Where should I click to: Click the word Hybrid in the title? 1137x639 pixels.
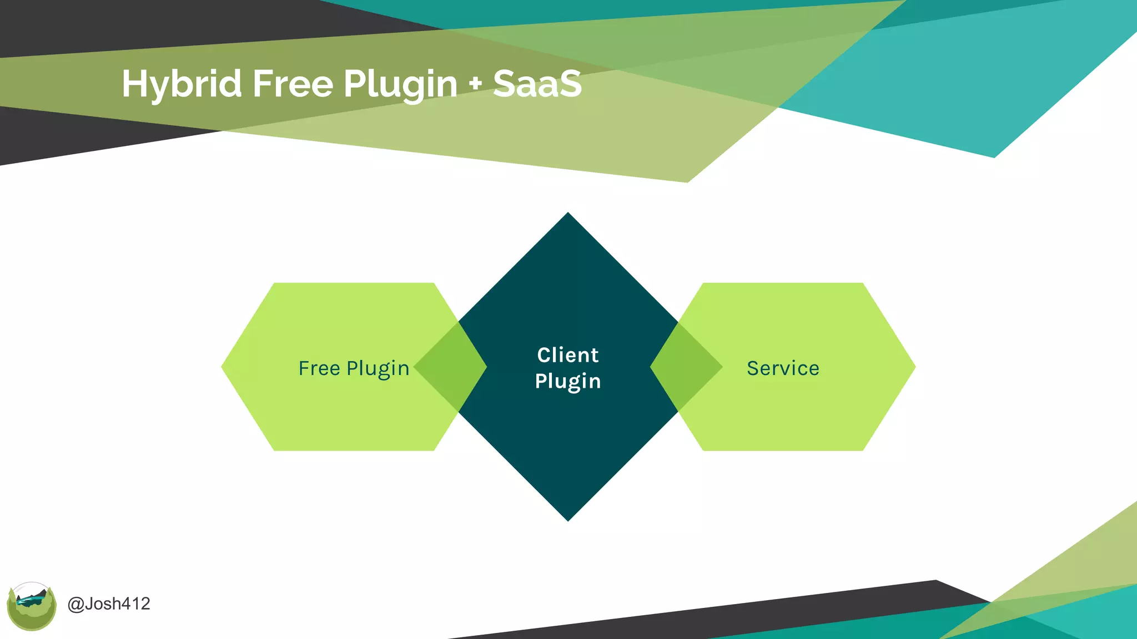point(182,84)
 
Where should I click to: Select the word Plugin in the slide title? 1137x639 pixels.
point(400,84)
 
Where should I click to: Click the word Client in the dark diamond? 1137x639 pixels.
point(567,355)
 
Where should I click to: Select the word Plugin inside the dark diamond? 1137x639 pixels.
point(567,382)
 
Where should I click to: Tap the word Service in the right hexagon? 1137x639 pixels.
point(783,368)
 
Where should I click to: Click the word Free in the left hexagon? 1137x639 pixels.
point(319,368)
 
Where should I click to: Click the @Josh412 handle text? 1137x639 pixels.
point(109,603)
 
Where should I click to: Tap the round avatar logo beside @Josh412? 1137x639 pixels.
point(32,606)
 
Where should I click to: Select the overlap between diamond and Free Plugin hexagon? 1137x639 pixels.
point(451,367)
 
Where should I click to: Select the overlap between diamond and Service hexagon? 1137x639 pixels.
point(686,367)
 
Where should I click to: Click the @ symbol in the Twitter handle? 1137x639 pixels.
point(76,603)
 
